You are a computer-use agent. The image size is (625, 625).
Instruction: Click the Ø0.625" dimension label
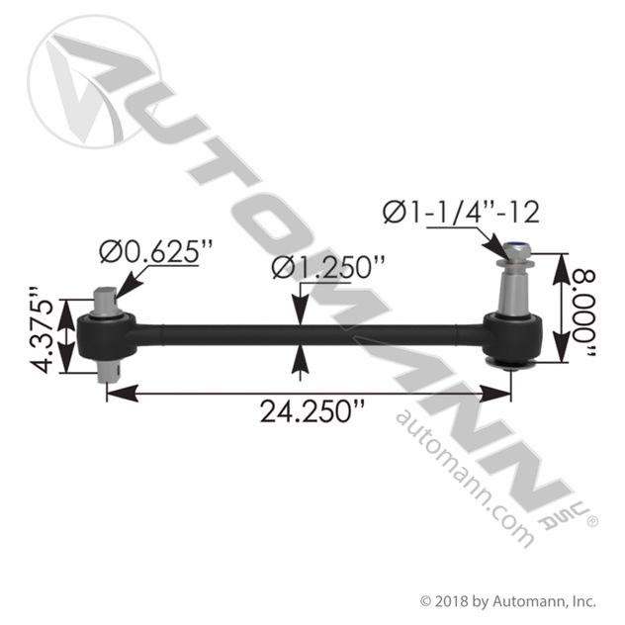point(156,251)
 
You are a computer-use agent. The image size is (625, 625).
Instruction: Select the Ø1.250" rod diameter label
point(328,267)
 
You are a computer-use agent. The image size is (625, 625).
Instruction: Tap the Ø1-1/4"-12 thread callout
point(461,212)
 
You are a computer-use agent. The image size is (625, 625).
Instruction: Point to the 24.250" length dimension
point(312,411)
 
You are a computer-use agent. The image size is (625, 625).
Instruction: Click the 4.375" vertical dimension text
point(43,330)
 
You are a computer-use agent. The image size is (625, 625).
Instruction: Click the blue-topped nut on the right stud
point(514,251)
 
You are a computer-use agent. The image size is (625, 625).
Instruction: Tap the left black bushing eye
point(106,335)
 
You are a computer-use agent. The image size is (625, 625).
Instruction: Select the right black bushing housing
point(513,337)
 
